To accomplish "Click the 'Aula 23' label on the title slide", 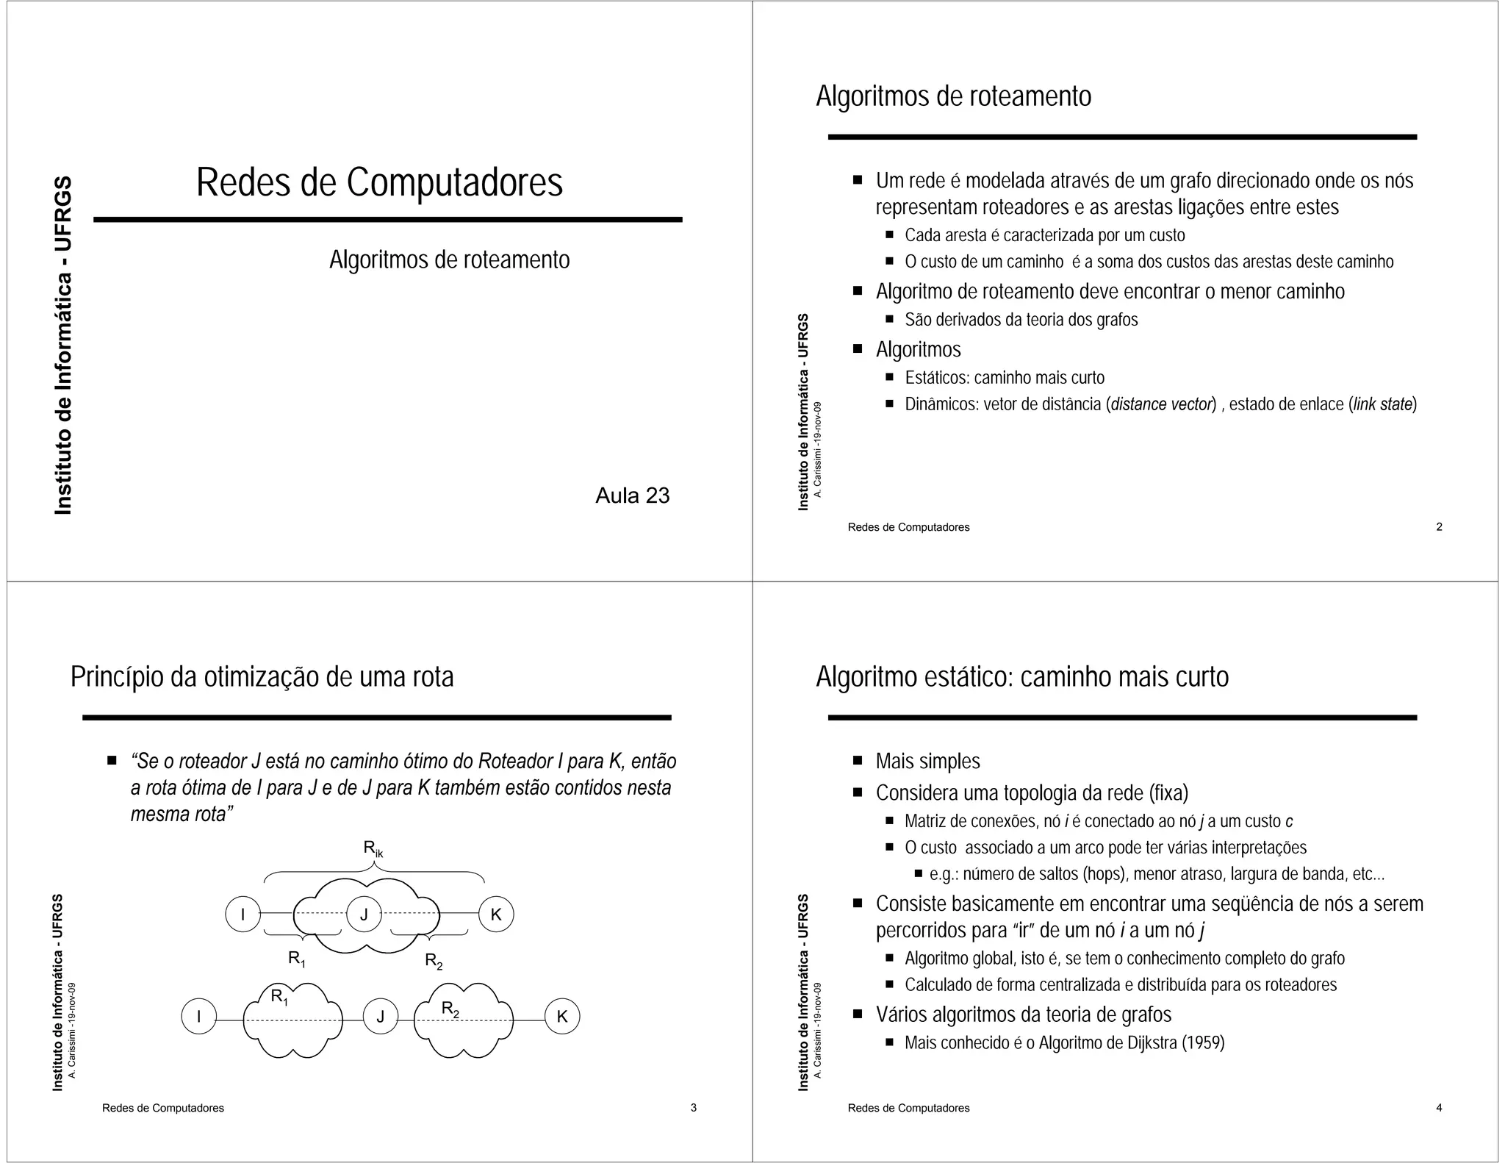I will tap(632, 495).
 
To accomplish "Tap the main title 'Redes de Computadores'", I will tap(379, 182).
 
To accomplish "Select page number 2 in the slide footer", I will tap(1439, 526).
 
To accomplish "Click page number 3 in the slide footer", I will tap(693, 1107).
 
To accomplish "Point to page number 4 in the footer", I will tap(1439, 1107).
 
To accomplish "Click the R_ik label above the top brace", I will tap(373, 848).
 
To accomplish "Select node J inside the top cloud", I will tap(364, 915).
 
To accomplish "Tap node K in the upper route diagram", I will tap(496, 915).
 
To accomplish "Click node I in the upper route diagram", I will tap(243, 915).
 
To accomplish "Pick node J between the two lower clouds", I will tap(381, 1017).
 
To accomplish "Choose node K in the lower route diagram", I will tap(562, 1017).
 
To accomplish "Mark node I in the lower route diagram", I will tap(199, 1017).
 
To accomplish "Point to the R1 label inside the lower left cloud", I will tap(279, 997).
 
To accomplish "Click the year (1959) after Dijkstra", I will tap(1202, 1042).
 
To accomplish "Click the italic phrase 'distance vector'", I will tap(1160, 404).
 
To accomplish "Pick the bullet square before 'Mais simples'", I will tap(857, 760).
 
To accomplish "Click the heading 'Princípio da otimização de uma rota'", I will tap(262, 676).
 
